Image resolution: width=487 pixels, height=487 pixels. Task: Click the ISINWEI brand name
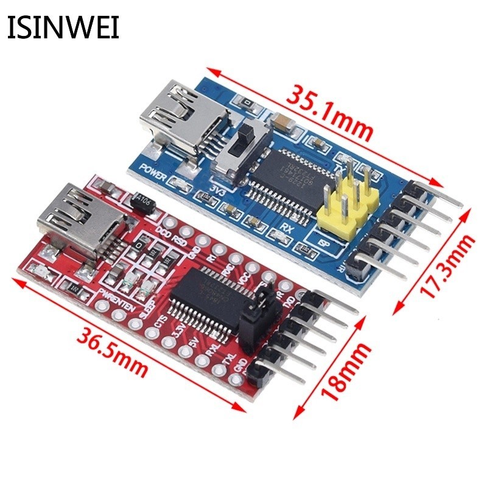click(x=63, y=27)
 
